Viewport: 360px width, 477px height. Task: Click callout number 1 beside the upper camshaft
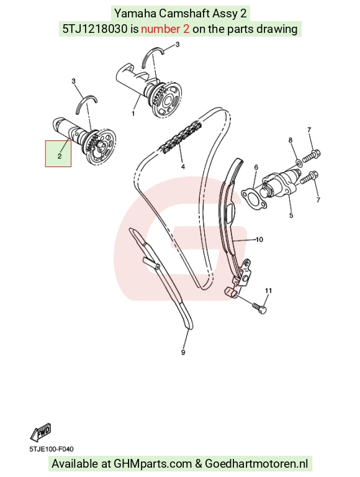[x=133, y=114]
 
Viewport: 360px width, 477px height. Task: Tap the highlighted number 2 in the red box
[x=60, y=156]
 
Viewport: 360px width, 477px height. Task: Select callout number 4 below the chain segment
[x=182, y=166]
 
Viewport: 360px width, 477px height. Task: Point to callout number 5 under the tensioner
[x=291, y=216]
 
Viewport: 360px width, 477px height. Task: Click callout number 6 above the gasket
[x=256, y=167]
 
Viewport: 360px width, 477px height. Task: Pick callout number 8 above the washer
[x=290, y=140]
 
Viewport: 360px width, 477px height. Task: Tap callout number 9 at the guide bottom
[x=183, y=352]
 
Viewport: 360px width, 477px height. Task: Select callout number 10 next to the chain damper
[x=259, y=240]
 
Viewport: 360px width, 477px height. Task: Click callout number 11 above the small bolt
[x=268, y=291]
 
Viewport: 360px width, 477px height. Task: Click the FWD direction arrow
[x=40, y=432]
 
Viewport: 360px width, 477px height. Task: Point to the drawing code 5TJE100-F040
[x=52, y=449]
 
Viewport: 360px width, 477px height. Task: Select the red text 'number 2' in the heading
[x=165, y=29]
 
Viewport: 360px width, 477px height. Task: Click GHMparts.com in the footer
[x=153, y=464]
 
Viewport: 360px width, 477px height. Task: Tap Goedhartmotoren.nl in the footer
[x=256, y=463]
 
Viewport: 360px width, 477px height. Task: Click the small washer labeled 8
[x=299, y=162]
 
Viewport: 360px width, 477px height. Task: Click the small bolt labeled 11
[x=259, y=307]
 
